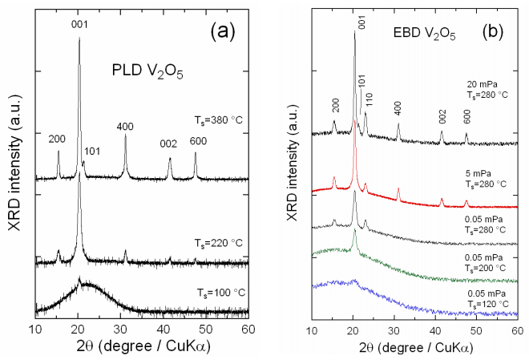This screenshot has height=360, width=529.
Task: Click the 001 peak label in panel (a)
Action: [x=79, y=25]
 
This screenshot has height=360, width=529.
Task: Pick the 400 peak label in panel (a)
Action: [x=125, y=126]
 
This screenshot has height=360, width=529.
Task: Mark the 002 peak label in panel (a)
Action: [x=168, y=144]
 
